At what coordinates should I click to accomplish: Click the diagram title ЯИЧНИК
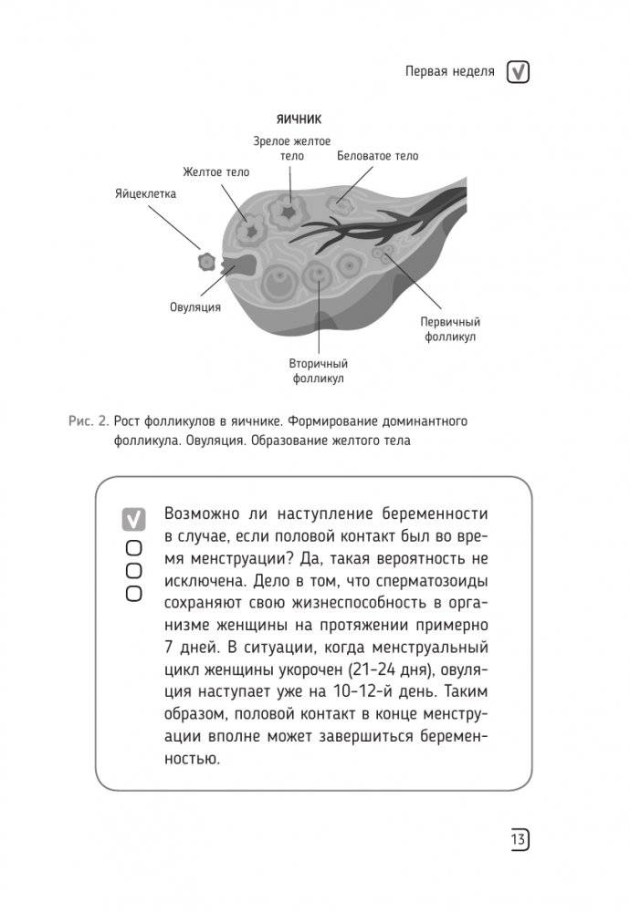(298, 119)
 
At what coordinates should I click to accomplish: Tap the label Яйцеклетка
(146, 194)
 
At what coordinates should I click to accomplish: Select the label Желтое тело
(215, 171)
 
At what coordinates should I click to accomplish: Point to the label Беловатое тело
(377, 156)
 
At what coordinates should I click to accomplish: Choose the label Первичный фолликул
(450, 329)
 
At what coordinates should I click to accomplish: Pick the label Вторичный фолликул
(318, 369)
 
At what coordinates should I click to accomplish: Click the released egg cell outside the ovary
(207, 263)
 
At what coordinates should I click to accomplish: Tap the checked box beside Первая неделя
(519, 72)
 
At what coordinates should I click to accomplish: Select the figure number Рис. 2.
(89, 421)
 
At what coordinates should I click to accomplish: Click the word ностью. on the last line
(194, 759)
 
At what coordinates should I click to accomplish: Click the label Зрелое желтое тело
(292, 148)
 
